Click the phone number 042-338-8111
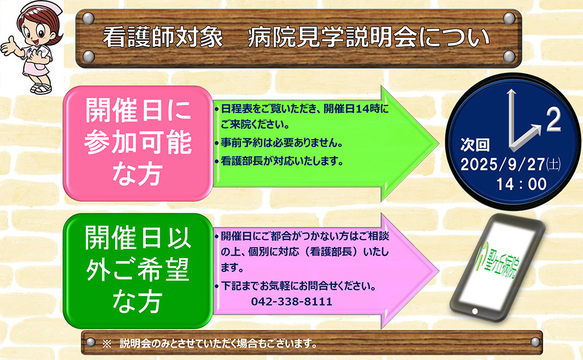pos(291,301)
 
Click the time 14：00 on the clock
pos(521,184)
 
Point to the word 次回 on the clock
pos(475,144)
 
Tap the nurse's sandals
pos(41,89)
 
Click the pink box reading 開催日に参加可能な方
pos(138,143)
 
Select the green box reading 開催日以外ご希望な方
pos(138,270)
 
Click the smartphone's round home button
pos(475,311)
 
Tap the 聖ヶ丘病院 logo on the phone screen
pos(498,262)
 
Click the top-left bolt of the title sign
pos(88,18)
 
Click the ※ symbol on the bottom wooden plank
pos(107,344)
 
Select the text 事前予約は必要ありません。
pos(282,143)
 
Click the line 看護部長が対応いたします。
pos(282,161)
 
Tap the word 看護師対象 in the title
pos(163,37)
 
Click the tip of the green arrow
pos(439,143)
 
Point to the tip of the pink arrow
pos(439,271)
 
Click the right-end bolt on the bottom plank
pos(535,342)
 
